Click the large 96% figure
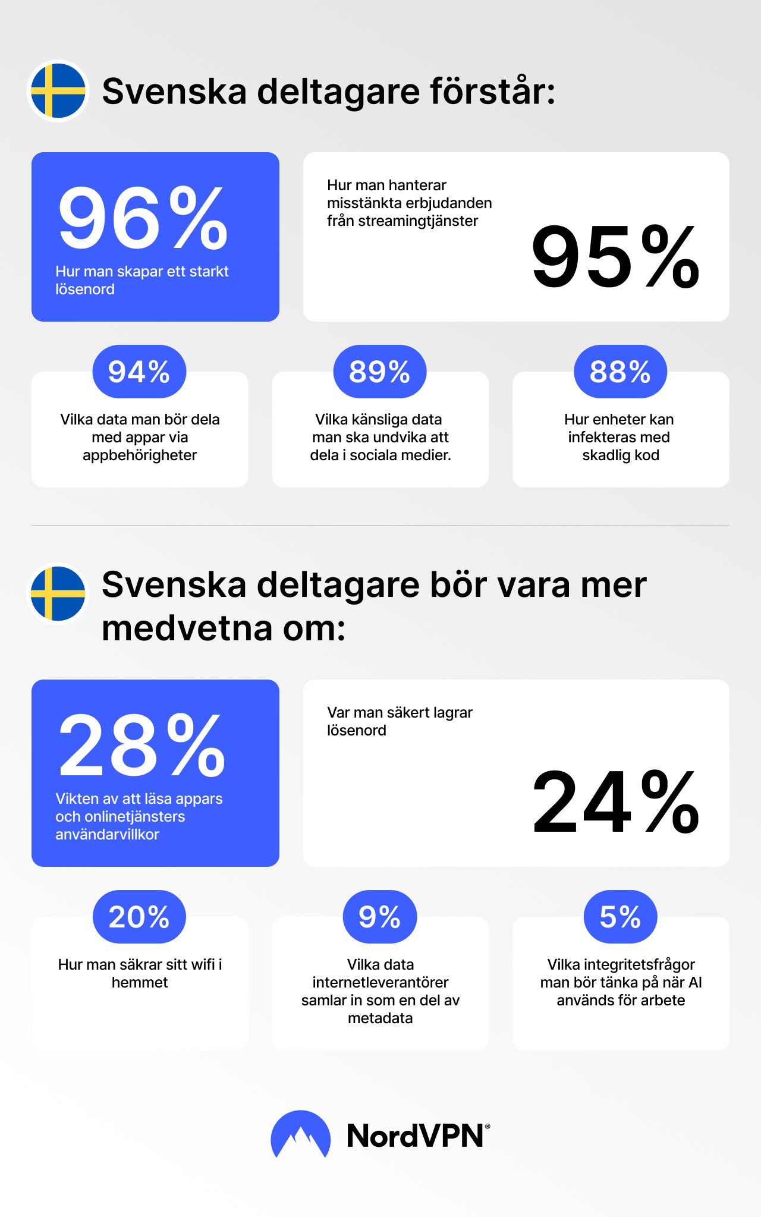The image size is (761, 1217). click(143, 218)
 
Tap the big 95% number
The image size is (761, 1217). click(615, 257)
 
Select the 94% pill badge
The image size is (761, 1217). click(139, 372)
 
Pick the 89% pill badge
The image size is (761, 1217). click(380, 372)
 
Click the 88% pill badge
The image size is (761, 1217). click(620, 372)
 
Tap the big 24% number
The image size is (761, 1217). click(615, 802)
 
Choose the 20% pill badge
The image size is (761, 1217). click(139, 917)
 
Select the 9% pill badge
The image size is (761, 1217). click(380, 917)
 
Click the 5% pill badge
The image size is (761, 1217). click(620, 917)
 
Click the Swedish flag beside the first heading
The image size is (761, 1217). click(58, 91)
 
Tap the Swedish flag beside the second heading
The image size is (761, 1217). click(58, 594)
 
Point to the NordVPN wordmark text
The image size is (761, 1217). click(416, 1136)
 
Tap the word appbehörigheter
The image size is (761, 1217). click(140, 455)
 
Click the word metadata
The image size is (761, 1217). click(380, 1018)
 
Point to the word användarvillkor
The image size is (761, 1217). click(107, 834)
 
